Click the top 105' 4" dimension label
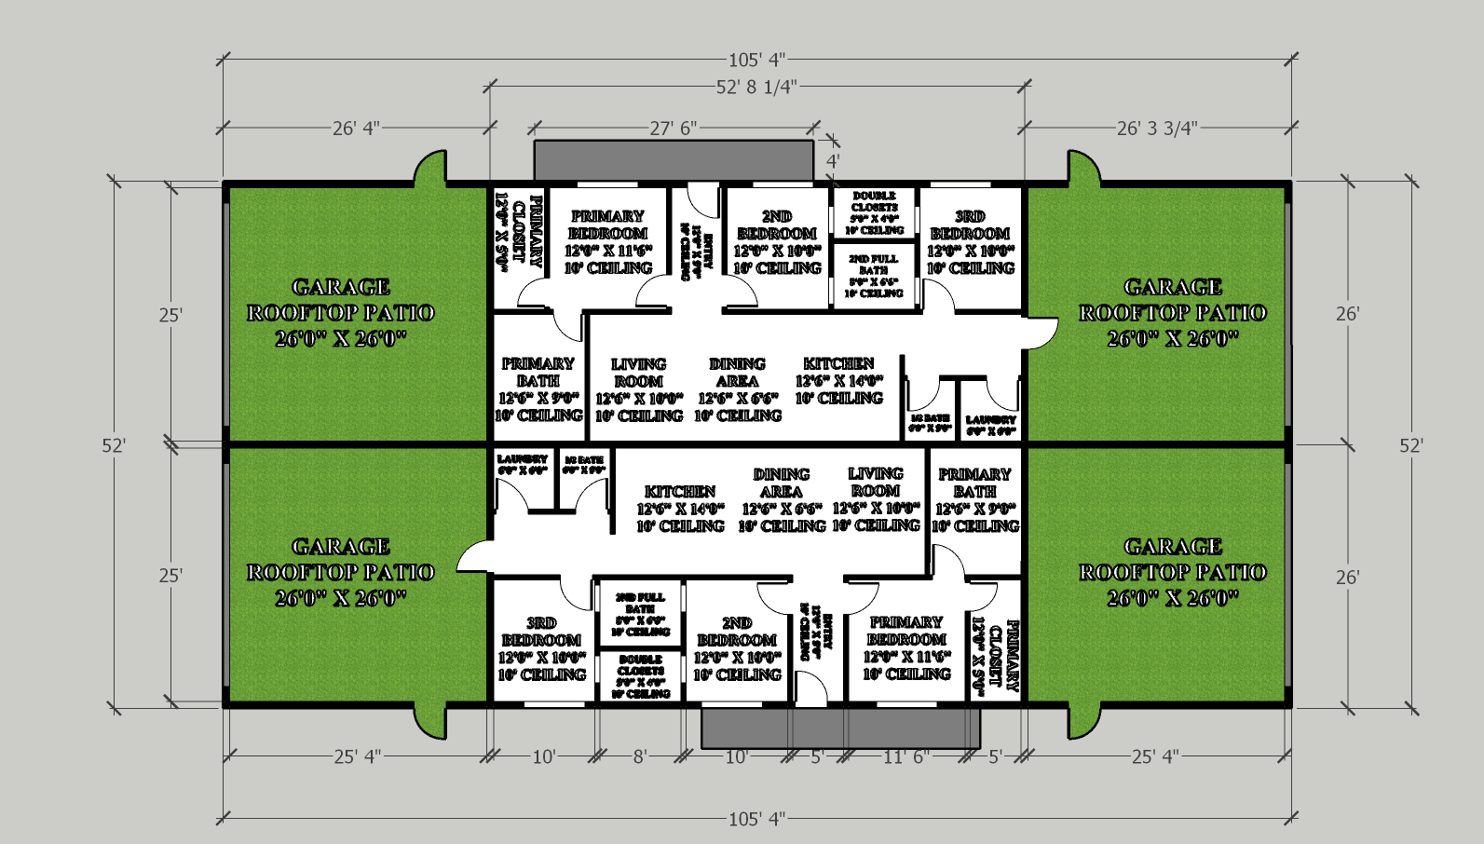tap(756, 61)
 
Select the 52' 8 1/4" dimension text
tap(756, 88)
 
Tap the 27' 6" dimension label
tap(673, 129)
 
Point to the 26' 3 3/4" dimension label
tap(1157, 129)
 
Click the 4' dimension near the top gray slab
tap(833, 160)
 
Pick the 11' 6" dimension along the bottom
tap(905, 757)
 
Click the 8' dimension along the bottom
tap(640, 757)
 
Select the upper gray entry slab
tap(674, 160)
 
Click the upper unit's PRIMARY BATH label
tap(538, 373)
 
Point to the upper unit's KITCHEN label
tap(838, 364)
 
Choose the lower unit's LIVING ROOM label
tap(876, 483)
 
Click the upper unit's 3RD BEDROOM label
tap(970, 225)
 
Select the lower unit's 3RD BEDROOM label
tap(541, 632)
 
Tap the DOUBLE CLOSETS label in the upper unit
tap(874, 202)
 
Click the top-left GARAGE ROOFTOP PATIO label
tap(340, 313)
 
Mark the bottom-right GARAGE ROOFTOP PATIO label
tap(1173, 572)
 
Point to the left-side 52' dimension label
tap(113, 446)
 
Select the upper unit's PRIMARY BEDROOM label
tap(607, 225)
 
